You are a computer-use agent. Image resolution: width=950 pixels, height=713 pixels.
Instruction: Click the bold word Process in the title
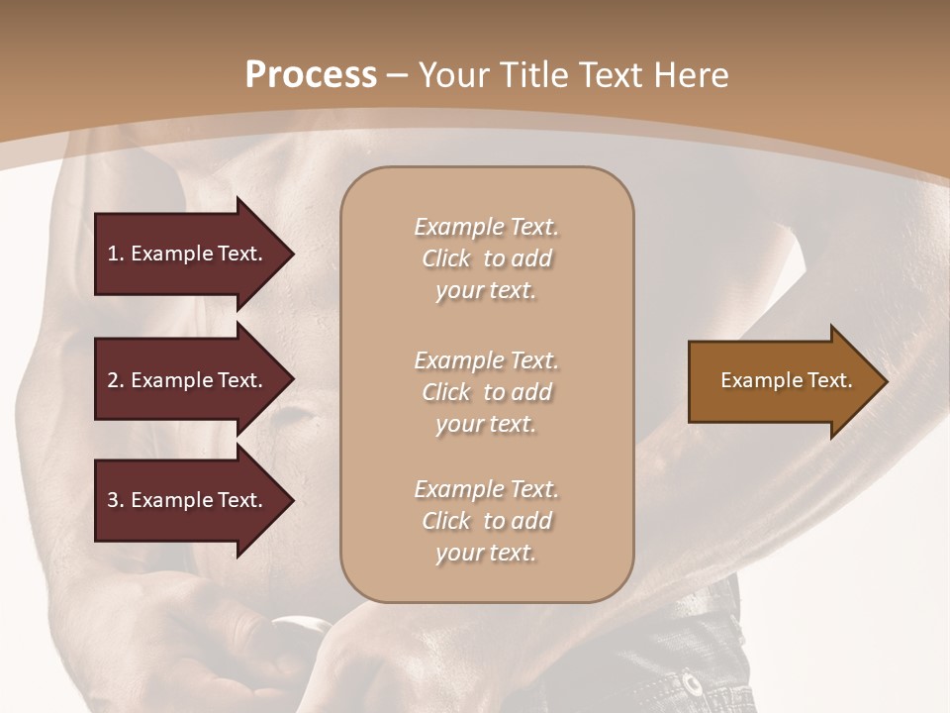[x=311, y=75]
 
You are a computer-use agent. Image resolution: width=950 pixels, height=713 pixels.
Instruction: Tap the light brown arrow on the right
[x=782, y=380]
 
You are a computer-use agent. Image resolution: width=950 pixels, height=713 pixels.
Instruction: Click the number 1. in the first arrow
[x=116, y=254]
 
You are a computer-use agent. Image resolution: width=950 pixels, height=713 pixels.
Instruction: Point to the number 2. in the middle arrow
[x=116, y=380]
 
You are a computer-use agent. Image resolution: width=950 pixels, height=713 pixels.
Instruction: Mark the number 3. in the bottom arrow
[x=116, y=500]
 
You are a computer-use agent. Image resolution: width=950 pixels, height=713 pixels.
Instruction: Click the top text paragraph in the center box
[x=487, y=258]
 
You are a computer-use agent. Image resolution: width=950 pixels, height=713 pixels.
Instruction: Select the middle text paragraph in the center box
[x=487, y=392]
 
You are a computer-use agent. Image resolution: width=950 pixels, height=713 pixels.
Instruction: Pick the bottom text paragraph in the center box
[x=487, y=521]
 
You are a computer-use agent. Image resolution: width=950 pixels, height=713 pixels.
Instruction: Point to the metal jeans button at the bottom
[x=690, y=682]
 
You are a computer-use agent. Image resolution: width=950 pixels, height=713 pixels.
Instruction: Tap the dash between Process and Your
[x=397, y=75]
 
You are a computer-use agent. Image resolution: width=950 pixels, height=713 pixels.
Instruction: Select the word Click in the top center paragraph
[x=446, y=258]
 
